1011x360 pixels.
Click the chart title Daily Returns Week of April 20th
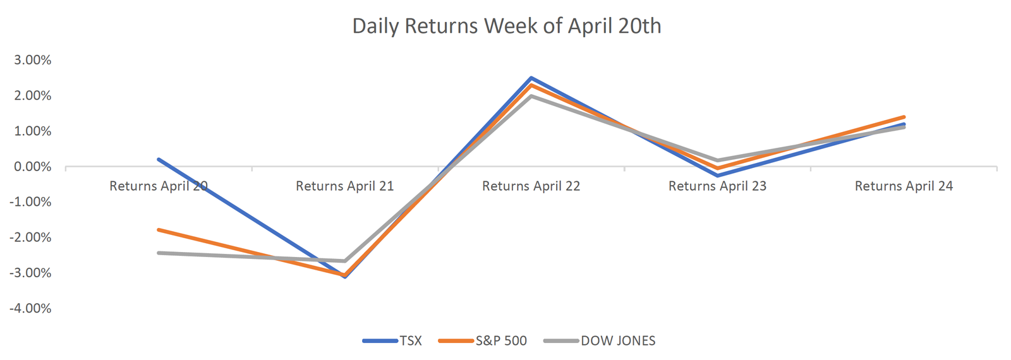506,26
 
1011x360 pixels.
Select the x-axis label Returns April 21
344,186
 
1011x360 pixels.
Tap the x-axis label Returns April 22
531,186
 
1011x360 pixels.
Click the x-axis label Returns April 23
717,186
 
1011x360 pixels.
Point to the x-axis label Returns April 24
904,186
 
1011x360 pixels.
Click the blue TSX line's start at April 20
159,159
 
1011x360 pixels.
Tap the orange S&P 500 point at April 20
159,230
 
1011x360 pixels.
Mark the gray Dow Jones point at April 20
159,253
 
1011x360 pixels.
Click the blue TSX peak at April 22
531,78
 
